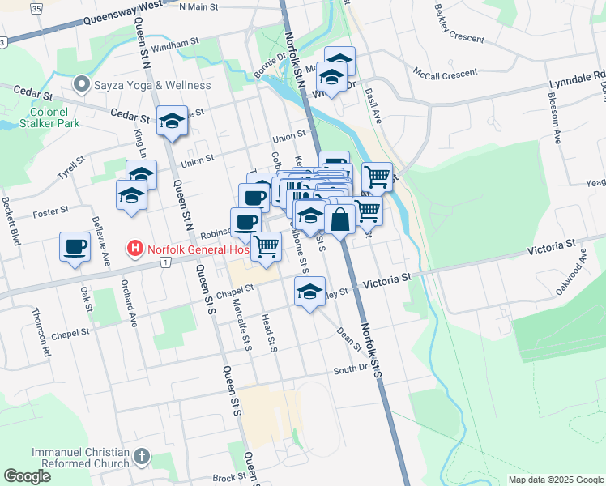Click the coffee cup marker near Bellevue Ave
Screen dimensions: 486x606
(75, 246)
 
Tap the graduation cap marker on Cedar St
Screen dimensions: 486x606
(172, 121)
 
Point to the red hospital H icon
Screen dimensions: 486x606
(135, 249)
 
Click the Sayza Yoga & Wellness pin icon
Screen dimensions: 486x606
(81, 85)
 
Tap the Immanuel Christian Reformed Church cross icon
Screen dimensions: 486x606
(143, 457)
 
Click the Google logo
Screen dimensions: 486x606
(28, 476)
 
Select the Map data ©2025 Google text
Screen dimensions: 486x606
(555, 480)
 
